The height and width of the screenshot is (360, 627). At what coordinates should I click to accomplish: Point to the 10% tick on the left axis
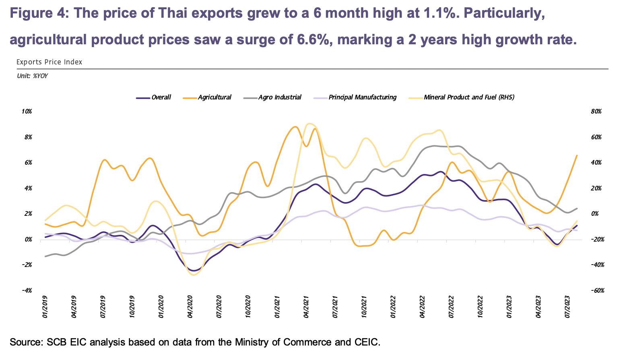[27, 112]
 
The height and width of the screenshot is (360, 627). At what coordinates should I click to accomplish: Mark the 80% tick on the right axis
[596, 112]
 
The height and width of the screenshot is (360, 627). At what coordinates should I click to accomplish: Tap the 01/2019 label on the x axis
[45, 307]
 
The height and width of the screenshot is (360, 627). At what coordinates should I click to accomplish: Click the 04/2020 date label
[190, 307]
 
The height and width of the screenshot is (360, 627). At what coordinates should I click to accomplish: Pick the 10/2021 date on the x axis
[365, 307]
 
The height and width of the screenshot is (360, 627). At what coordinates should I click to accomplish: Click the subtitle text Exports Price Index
[49, 62]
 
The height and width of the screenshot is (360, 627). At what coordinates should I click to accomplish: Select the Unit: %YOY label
[32, 76]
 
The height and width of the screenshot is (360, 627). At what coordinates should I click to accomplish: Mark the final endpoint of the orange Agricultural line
[577, 155]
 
